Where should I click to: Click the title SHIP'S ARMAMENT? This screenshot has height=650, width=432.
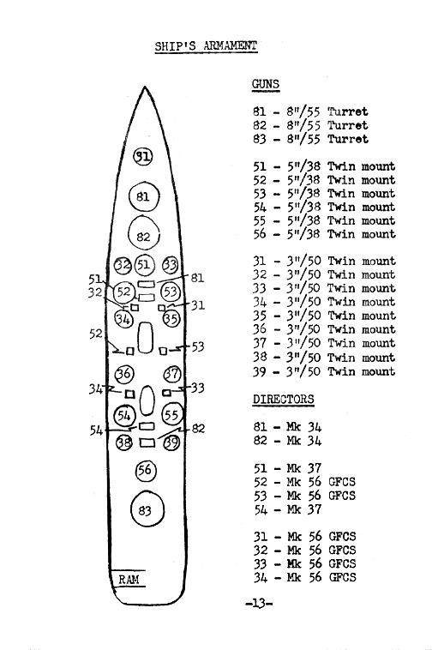206,46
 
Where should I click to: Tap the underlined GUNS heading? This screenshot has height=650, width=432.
266,84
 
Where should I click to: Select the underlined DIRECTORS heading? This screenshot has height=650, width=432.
284,400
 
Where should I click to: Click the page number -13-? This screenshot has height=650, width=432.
259,603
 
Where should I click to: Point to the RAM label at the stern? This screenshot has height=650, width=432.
129,579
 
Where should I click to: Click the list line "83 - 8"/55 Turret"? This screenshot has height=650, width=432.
310,138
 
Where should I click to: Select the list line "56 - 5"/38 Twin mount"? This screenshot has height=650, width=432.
324,234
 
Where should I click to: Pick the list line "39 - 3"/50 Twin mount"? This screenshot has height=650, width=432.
324,371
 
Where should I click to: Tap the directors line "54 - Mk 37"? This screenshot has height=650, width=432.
287,509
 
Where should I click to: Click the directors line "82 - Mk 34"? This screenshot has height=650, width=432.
287,440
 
